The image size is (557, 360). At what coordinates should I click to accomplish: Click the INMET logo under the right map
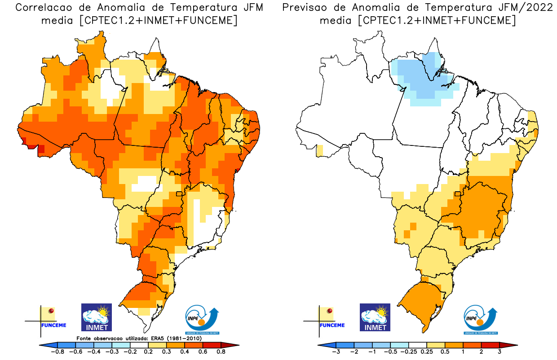click(375, 317)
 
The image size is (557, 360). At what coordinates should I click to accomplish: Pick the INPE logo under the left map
click(202, 319)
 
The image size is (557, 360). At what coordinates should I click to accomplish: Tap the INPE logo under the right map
click(480, 319)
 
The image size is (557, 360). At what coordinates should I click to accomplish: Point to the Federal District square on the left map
click(179, 194)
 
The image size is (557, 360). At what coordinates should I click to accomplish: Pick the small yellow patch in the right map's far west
click(320, 150)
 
